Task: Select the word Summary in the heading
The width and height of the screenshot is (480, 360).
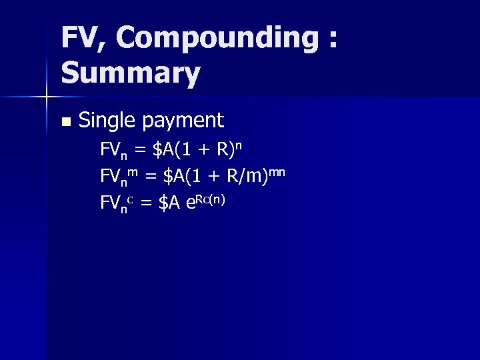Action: coord(131,74)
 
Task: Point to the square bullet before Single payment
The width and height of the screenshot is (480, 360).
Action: coord(65,122)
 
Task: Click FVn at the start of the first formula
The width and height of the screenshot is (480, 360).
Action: coord(115,150)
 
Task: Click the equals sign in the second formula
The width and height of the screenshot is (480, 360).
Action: coord(150,177)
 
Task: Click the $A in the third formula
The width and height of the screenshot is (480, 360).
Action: coord(169,203)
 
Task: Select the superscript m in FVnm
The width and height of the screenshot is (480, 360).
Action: coord(133,172)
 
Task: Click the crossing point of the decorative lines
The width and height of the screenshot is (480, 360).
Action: coord(46,97)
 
